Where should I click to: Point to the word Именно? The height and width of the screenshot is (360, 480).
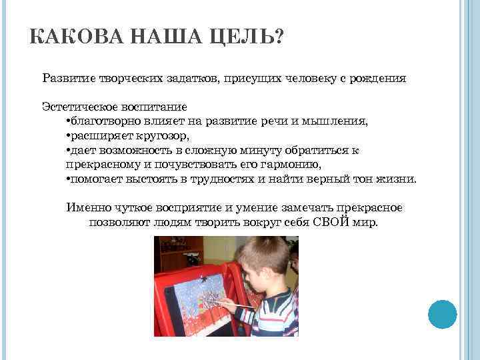(87, 207)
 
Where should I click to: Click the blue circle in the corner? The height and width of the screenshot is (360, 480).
(442, 313)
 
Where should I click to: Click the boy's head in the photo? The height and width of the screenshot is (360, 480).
(263, 260)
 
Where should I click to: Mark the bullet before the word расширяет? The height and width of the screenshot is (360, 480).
(69, 136)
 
